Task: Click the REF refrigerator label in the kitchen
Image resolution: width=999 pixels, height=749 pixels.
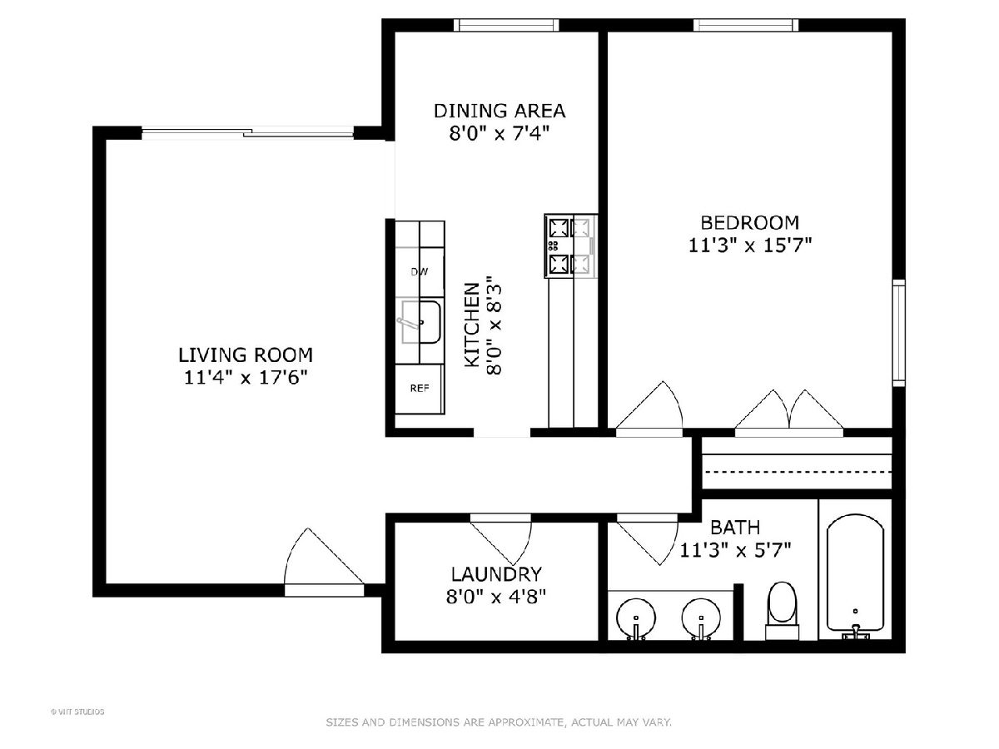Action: coord(420,389)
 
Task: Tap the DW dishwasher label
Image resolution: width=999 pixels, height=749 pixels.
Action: coord(420,272)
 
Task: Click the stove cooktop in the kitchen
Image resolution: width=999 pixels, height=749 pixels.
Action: coord(571,246)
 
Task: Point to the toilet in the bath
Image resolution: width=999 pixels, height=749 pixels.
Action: coord(782,611)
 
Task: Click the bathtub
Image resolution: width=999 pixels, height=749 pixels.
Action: coord(855,577)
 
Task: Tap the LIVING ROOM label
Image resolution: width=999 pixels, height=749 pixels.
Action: coord(246,355)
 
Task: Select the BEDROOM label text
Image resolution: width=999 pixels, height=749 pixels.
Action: coord(749,223)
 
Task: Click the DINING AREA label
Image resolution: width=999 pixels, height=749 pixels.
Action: coord(499,111)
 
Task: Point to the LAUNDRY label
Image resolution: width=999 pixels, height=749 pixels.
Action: coord(496,574)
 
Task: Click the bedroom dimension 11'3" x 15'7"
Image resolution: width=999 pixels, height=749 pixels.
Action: coord(749,246)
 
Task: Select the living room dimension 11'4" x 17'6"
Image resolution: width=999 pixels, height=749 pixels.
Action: coord(246,378)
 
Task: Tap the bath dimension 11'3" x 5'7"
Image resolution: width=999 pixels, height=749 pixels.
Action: coord(735,550)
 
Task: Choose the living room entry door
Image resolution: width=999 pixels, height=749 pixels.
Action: coord(324,562)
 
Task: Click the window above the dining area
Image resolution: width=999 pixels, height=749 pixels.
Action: coord(506,25)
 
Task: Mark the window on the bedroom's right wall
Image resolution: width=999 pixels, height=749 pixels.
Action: coord(898,333)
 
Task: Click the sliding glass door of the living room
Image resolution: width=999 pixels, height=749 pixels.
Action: coord(247,133)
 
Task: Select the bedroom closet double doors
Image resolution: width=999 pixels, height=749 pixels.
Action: coord(789,413)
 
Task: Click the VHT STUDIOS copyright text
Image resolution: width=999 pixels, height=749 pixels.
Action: coord(77,712)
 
